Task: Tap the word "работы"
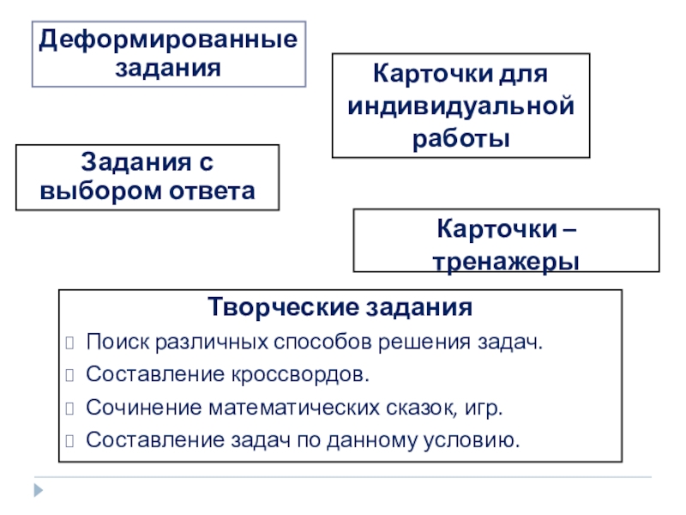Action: (460, 138)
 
